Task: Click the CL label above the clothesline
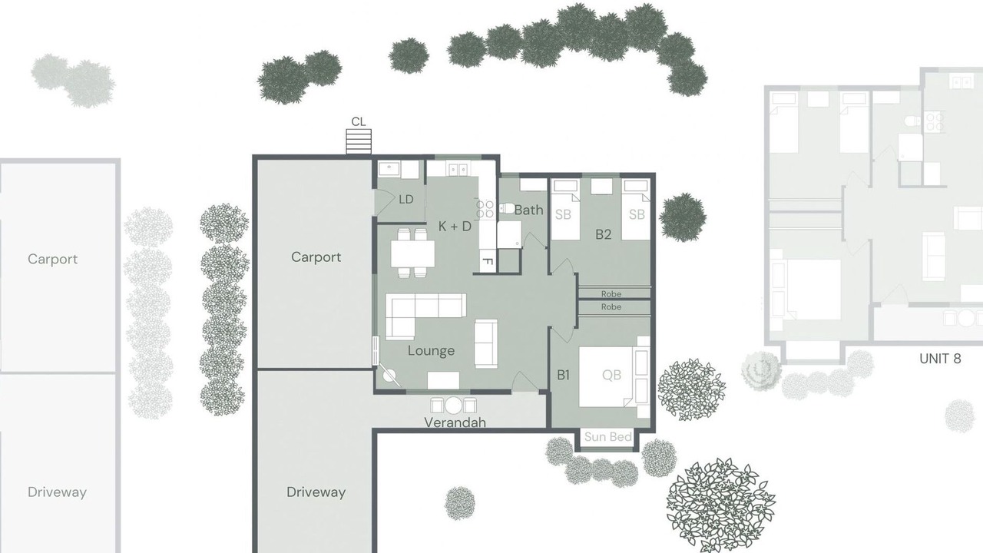(359, 121)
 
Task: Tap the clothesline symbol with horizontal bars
(359, 142)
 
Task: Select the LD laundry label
(406, 200)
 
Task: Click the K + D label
(455, 227)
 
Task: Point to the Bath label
(528, 210)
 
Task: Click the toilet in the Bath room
(508, 208)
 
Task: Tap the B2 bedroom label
(603, 234)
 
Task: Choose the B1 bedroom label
(563, 375)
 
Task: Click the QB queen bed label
(611, 375)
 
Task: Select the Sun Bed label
(607, 437)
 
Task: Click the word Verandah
(455, 422)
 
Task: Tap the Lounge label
(431, 351)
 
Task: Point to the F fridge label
(487, 262)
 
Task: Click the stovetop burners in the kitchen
(485, 209)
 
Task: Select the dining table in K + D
(412, 253)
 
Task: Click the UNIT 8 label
(940, 359)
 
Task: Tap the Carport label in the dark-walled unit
(316, 257)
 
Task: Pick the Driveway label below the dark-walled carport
(316, 492)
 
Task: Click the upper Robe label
(611, 294)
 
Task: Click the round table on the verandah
(453, 406)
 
